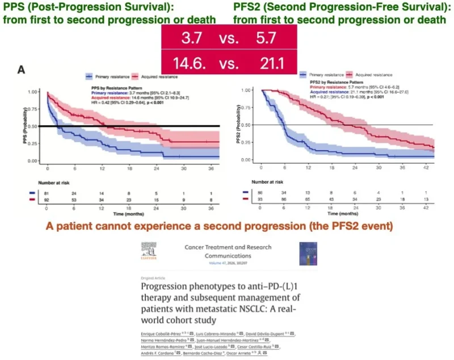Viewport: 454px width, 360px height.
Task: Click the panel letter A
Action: point(21,70)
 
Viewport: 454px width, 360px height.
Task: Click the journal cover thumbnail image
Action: point(308,254)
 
